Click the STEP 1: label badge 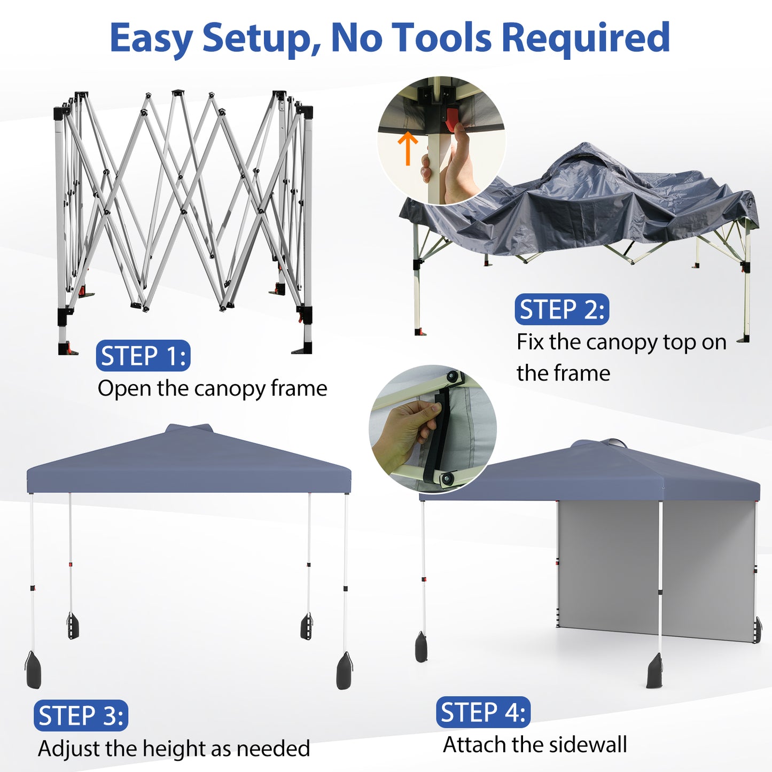143,356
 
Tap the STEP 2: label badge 562,309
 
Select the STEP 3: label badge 81,715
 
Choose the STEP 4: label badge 483,712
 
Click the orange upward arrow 408,148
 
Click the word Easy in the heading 151,38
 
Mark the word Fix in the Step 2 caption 530,342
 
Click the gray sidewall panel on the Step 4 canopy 609,566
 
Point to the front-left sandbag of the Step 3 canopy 33,670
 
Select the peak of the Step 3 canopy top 190,427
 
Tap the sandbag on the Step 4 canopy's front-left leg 422,647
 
